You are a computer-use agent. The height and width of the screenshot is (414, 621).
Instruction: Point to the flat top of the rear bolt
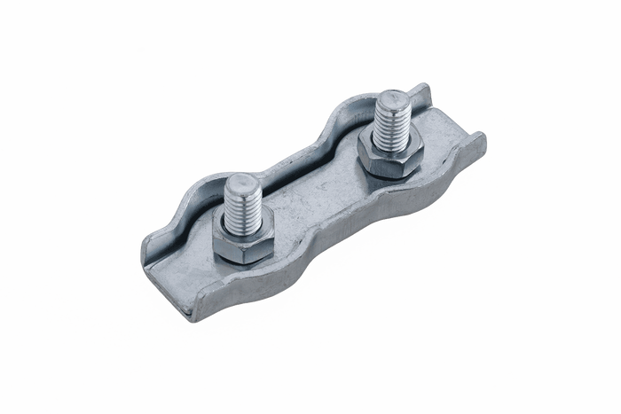pyautogui.click(x=393, y=98)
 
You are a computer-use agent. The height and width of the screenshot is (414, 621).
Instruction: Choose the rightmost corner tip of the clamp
pyautogui.click(x=484, y=137)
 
